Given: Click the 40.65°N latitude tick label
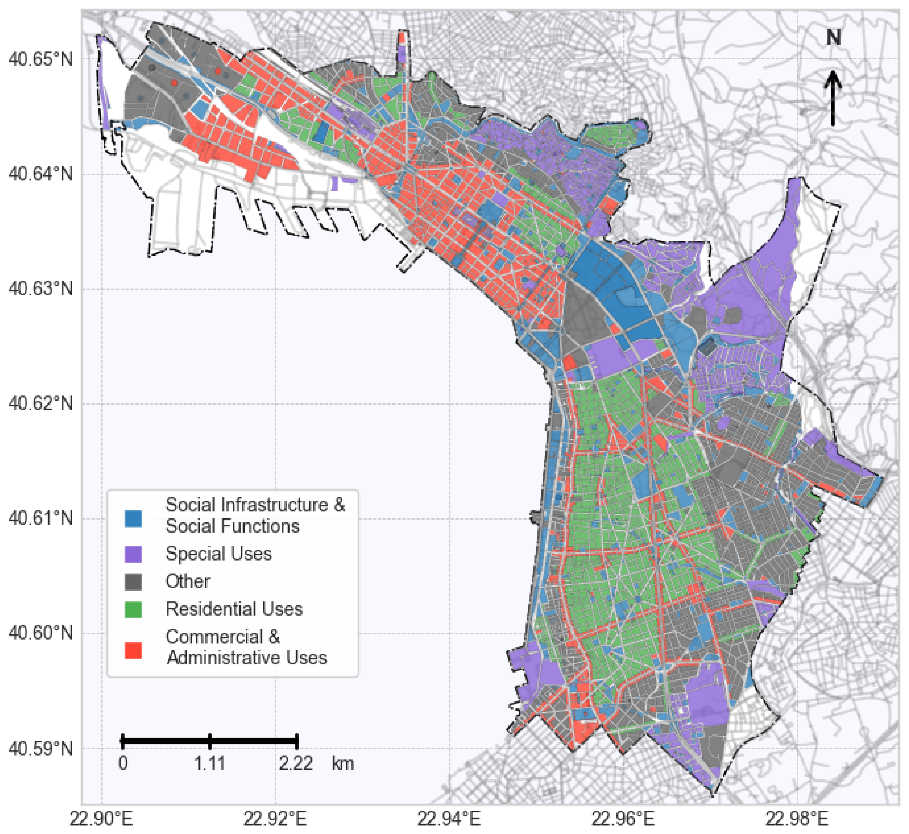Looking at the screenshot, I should coord(41,59).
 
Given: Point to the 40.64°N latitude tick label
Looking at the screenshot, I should coord(41,174).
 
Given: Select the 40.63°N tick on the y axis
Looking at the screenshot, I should coord(41,288).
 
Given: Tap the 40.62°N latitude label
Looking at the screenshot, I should coord(41,403).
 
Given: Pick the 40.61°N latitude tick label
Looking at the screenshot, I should coord(41,518).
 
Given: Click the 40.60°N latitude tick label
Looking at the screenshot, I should coord(41,633).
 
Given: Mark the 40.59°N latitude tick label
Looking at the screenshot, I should coord(41,748).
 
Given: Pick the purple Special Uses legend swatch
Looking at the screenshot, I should coord(134,554).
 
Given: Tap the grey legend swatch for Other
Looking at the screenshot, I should coord(134,582).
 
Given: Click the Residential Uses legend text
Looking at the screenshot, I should coord(234,609).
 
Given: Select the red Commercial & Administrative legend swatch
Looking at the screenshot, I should coord(134,650).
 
